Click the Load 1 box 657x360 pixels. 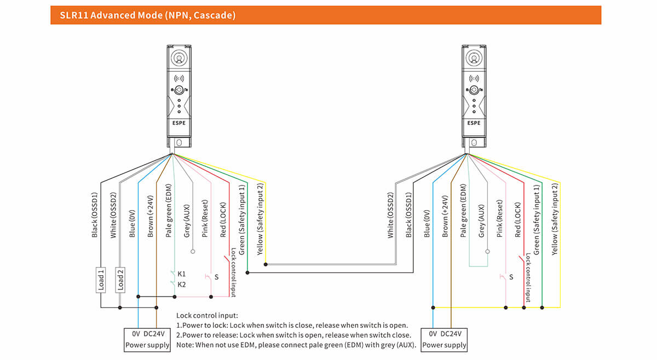[101, 279]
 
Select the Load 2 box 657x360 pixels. [120, 279]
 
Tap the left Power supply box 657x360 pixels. [147, 340]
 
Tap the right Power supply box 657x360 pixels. [443, 340]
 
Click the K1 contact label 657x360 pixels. [182, 274]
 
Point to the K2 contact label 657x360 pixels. [182, 284]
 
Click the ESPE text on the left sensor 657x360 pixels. [179, 123]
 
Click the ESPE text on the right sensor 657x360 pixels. [474, 123]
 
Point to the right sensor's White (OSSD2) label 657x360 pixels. [390, 214]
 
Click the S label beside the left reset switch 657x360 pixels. [216, 277]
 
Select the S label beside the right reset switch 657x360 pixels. [511, 277]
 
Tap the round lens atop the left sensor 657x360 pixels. [179, 58]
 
